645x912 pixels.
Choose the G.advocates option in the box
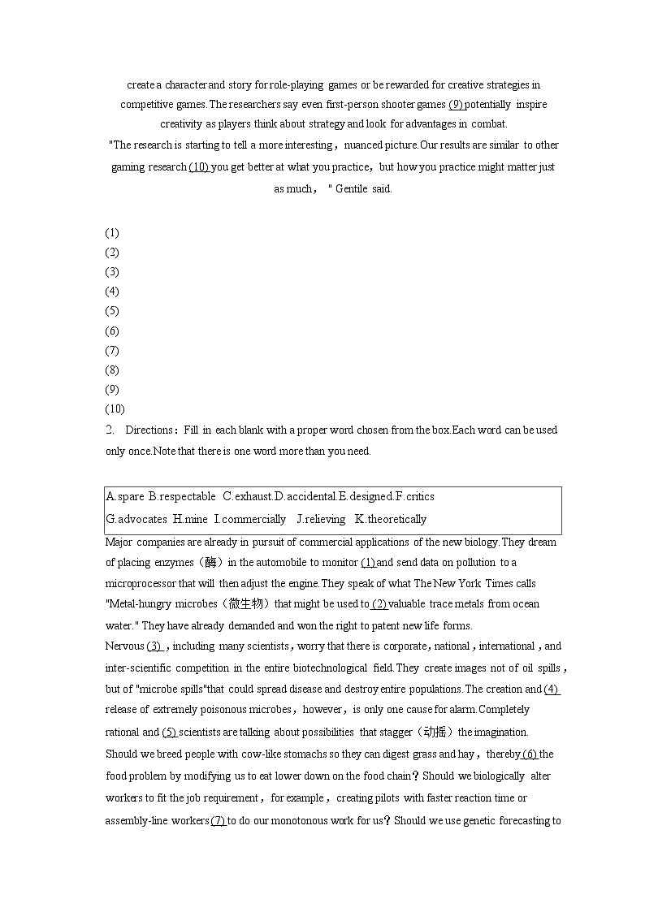pos(136,519)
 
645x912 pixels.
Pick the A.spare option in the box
pos(125,496)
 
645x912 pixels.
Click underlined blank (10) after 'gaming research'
pos(199,166)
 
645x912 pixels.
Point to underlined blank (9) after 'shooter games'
pos(456,104)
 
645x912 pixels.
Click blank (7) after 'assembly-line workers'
pos(219,820)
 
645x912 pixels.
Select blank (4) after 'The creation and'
pos(552,689)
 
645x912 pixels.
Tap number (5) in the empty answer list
pos(112,311)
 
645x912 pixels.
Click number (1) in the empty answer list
pos(112,233)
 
